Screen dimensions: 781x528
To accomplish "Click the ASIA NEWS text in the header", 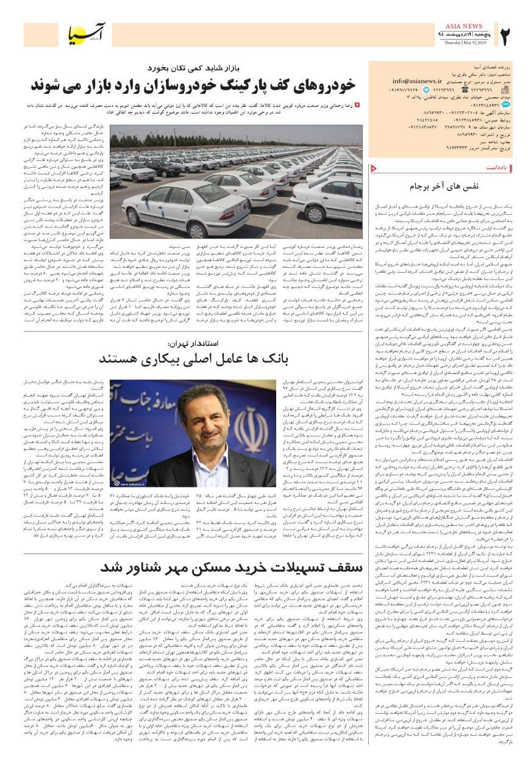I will pyautogui.click(x=464, y=26).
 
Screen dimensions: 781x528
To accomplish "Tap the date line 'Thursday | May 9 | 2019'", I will pyautogui.click(x=464, y=43).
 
